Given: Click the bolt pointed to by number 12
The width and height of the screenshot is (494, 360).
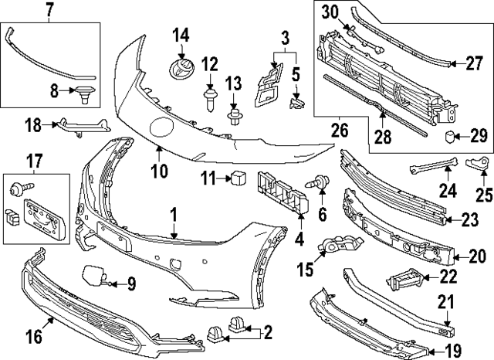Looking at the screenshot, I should coord(208,99).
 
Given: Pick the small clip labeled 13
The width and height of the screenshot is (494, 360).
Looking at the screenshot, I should coord(234,117).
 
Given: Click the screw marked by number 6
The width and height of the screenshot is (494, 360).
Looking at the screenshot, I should coord(317,183).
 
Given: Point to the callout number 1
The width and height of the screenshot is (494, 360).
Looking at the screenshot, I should coord(174,212).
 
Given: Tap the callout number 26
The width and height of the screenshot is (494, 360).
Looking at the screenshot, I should coord(337,130).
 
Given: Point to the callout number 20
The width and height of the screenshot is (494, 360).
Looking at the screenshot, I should coord(478,258).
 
